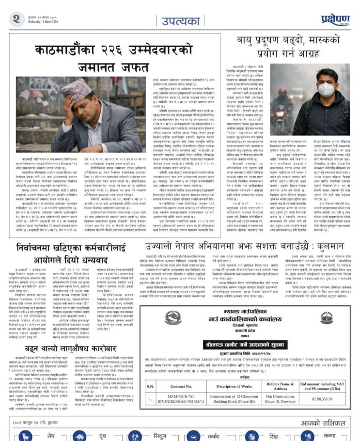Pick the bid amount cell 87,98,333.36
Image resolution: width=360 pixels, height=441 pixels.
tap(333, 400)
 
